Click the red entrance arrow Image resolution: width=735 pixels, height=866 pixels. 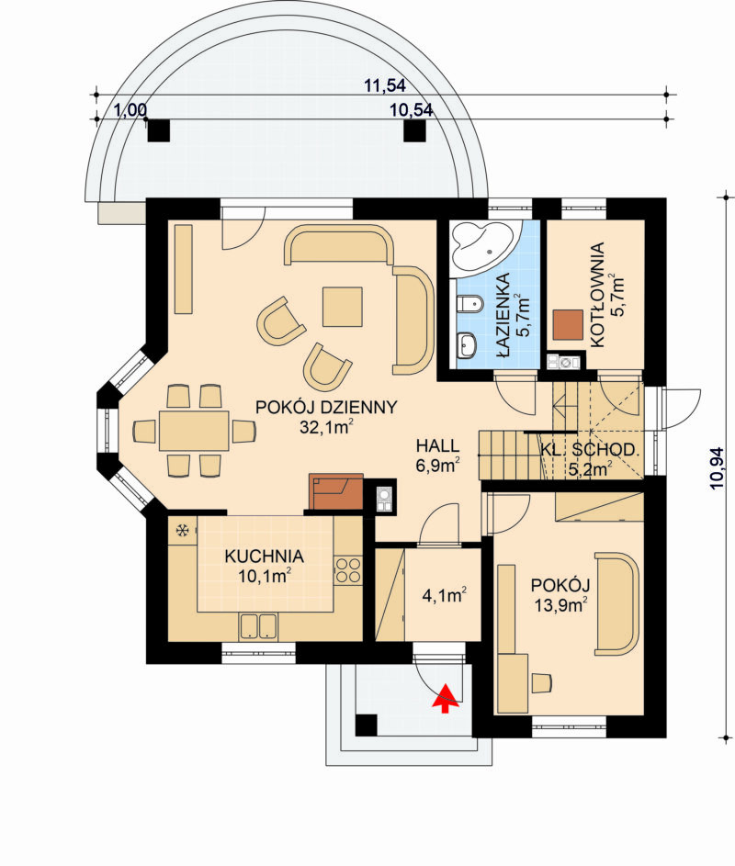(x=446, y=698)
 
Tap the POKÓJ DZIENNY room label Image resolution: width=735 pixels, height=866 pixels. (x=326, y=408)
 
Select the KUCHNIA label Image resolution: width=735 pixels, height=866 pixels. (x=265, y=556)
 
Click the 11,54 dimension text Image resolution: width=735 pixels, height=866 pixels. (x=385, y=85)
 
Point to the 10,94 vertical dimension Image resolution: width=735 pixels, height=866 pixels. (x=717, y=467)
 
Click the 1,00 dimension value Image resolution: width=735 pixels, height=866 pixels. (x=130, y=110)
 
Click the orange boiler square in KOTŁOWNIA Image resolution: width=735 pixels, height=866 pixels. (x=568, y=325)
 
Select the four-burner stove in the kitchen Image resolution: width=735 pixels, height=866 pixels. (x=348, y=570)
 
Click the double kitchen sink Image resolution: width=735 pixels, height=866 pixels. (x=258, y=626)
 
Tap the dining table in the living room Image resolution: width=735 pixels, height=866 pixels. (x=194, y=430)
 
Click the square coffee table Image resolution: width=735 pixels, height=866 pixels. (x=343, y=307)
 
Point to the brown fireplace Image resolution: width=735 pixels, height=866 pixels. (x=336, y=491)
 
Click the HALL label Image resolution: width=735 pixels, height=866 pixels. (x=437, y=445)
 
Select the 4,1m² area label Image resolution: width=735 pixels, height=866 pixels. (x=445, y=595)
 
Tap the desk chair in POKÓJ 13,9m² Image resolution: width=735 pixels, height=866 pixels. (x=541, y=682)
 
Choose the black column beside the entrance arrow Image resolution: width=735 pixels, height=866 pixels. (x=367, y=725)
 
